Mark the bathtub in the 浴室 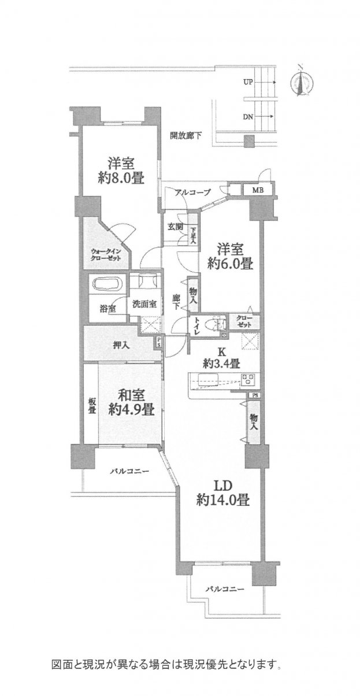[x=106, y=284]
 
